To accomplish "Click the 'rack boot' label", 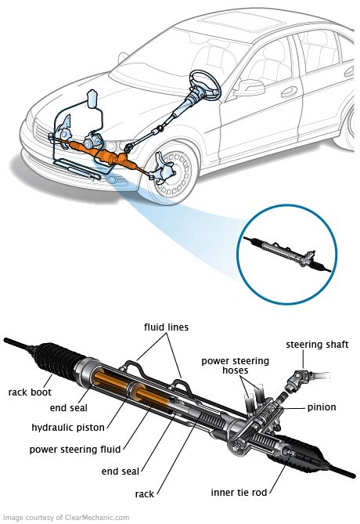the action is (x=30, y=392).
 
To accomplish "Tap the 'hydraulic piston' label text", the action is (x=68, y=427).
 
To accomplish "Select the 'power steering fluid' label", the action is (x=75, y=449).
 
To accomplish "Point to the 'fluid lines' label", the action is (x=167, y=327).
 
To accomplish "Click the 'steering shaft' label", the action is (x=317, y=345).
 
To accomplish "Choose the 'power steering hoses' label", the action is (x=235, y=366).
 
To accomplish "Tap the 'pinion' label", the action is (x=322, y=407).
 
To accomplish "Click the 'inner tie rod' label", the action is (x=239, y=492).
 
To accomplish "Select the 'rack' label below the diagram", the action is (x=145, y=494).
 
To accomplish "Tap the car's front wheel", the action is (x=173, y=174).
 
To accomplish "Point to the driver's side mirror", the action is (x=250, y=89).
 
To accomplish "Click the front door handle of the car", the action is (x=290, y=91).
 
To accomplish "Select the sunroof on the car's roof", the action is (x=241, y=24).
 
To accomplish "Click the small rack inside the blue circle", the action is (x=287, y=254).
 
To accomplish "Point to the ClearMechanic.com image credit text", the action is (x=66, y=518).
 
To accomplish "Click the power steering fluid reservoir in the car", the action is (x=92, y=99).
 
